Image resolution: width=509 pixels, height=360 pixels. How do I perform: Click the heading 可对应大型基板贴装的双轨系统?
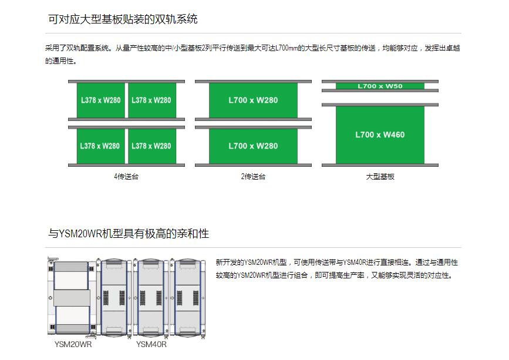tap(123, 19)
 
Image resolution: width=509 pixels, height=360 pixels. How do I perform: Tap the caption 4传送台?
tap(126, 176)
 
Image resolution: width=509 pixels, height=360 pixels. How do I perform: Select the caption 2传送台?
tap(253, 176)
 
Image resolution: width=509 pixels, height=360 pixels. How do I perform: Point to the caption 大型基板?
tap(380, 176)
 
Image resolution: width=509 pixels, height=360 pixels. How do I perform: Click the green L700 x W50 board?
tap(380, 86)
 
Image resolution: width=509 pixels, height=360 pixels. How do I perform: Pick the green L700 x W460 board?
tap(380, 135)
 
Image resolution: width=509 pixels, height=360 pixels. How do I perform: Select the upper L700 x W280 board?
tap(253, 100)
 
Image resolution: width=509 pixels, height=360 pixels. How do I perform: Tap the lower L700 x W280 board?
tap(253, 146)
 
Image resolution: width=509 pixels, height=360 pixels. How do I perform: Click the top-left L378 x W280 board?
tap(100, 100)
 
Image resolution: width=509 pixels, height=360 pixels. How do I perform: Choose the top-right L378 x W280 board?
tap(151, 100)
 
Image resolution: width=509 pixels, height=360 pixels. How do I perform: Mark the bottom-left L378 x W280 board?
tap(100, 146)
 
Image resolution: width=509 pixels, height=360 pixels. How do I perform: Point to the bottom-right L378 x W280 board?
tap(151, 146)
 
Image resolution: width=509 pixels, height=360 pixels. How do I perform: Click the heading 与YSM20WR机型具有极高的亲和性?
tap(129, 234)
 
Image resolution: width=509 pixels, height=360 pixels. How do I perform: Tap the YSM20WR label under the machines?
tap(73, 344)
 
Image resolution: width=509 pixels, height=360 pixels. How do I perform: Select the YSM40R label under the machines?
tap(151, 344)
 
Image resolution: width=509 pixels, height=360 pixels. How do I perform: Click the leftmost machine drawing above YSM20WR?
tap(70, 297)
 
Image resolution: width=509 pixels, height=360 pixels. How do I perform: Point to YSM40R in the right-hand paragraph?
tap(354, 263)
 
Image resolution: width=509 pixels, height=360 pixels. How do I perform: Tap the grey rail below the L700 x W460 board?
tap(380, 165)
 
